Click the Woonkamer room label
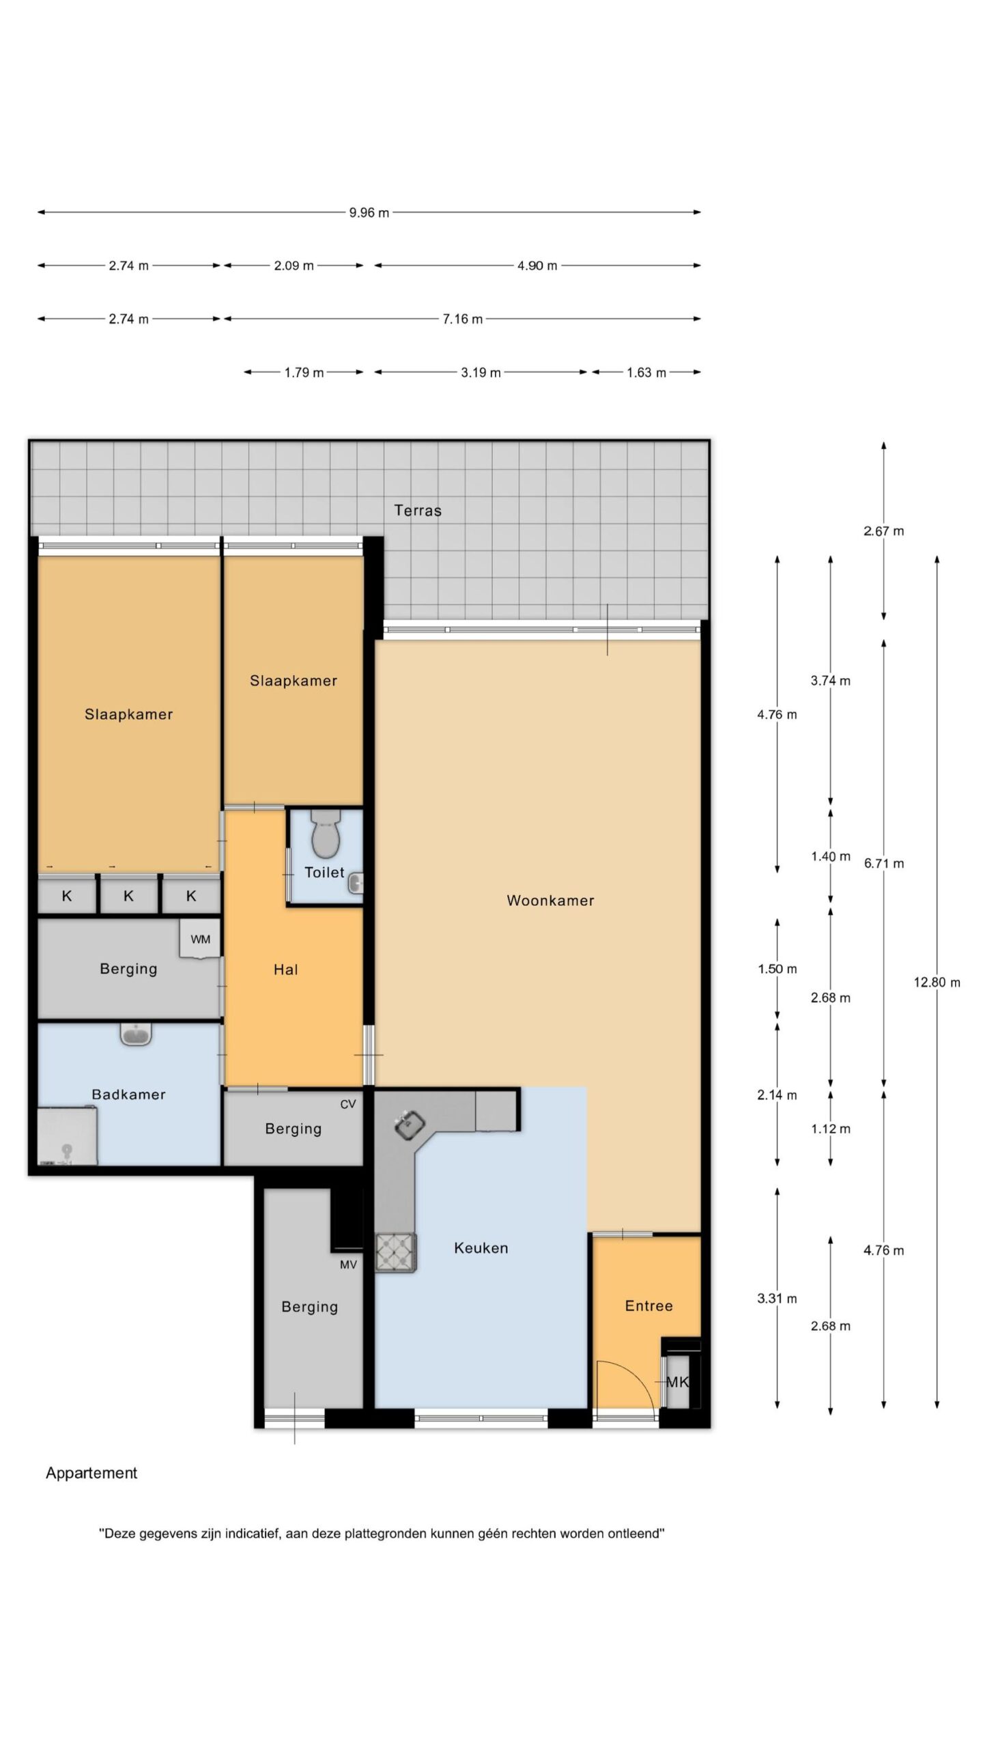point(550,901)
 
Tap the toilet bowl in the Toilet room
point(326,834)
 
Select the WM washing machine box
point(200,939)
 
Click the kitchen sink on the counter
point(410,1123)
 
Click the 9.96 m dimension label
point(369,212)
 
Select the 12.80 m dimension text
point(937,983)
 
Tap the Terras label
point(418,510)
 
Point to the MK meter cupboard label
point(677,1382)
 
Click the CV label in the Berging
point(348,1104)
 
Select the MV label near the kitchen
point(348,1265)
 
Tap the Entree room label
point(649,1306)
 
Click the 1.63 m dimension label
point(646,373)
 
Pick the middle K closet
point(129,896)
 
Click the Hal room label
point(285,970)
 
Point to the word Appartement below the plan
point(91,1473)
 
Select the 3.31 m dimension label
point(777,1299)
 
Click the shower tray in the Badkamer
point(67,1136)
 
